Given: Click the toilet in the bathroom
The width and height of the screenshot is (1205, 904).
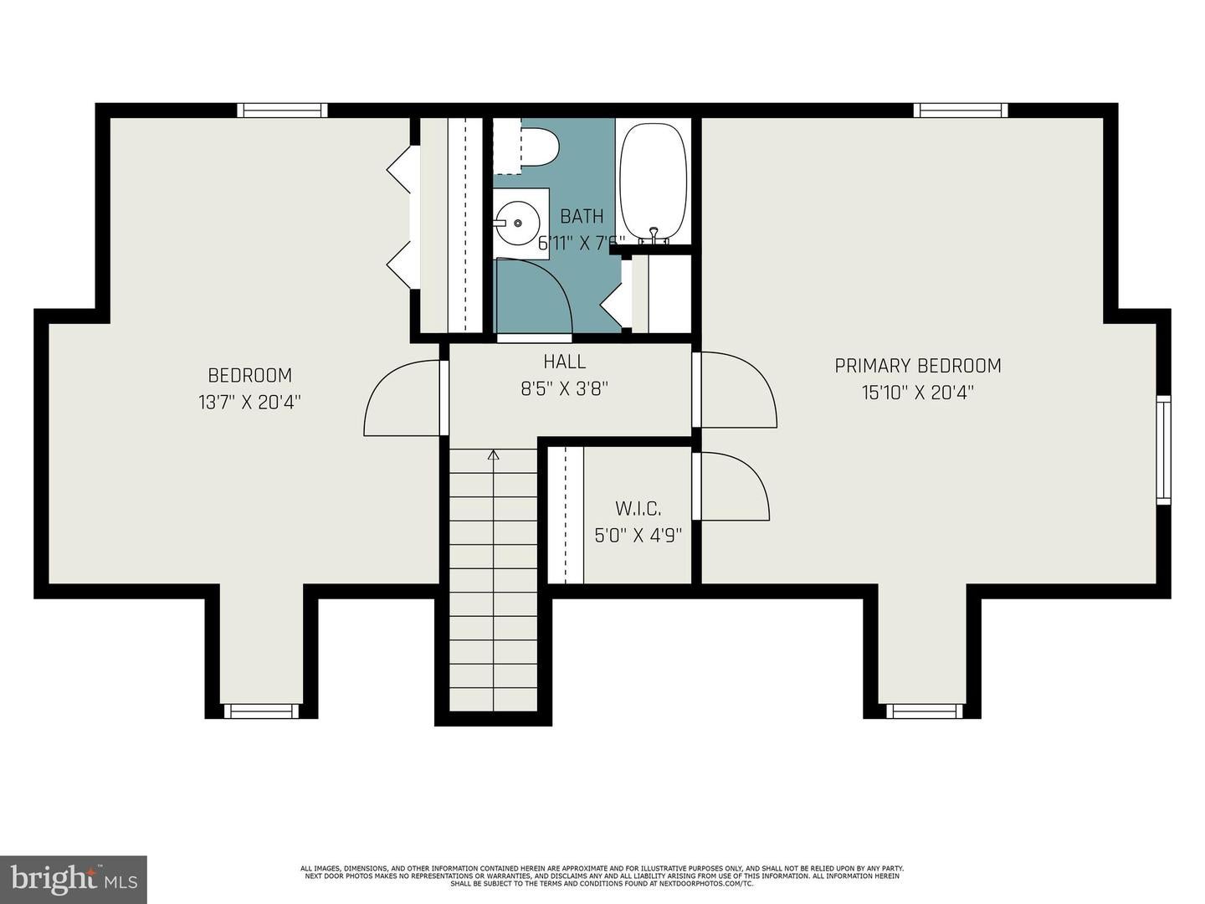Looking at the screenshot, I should pos(540,147).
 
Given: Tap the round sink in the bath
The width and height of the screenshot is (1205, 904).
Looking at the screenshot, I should pos(518,223).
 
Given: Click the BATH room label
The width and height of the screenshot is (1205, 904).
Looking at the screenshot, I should pos(582,217).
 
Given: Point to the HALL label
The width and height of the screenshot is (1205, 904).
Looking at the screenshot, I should pos(565,362).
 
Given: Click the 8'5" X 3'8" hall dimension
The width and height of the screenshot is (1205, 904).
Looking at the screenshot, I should pos(565,388).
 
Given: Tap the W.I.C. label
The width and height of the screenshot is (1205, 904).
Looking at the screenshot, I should pos(638,508).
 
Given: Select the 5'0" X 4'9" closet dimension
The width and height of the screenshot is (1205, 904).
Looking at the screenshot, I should pos(638,535).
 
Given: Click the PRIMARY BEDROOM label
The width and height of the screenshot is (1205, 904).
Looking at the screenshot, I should pos(918,366).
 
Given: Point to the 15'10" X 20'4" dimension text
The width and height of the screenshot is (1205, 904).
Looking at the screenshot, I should pos(918,393).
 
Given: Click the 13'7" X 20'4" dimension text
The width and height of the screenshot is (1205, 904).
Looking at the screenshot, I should pos(249,402).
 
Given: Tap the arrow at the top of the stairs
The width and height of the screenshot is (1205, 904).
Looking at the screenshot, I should pos(494,455).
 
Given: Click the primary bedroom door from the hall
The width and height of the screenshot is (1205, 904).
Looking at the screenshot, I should pos(736,391).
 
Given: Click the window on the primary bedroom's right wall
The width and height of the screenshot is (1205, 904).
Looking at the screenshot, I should pos(1163,449).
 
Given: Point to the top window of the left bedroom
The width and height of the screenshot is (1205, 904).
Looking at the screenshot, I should pos(281,110).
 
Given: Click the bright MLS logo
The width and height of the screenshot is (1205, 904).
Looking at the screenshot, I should pos(73,879).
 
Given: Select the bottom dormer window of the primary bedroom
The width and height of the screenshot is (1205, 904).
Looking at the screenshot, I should pos(926,711).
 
